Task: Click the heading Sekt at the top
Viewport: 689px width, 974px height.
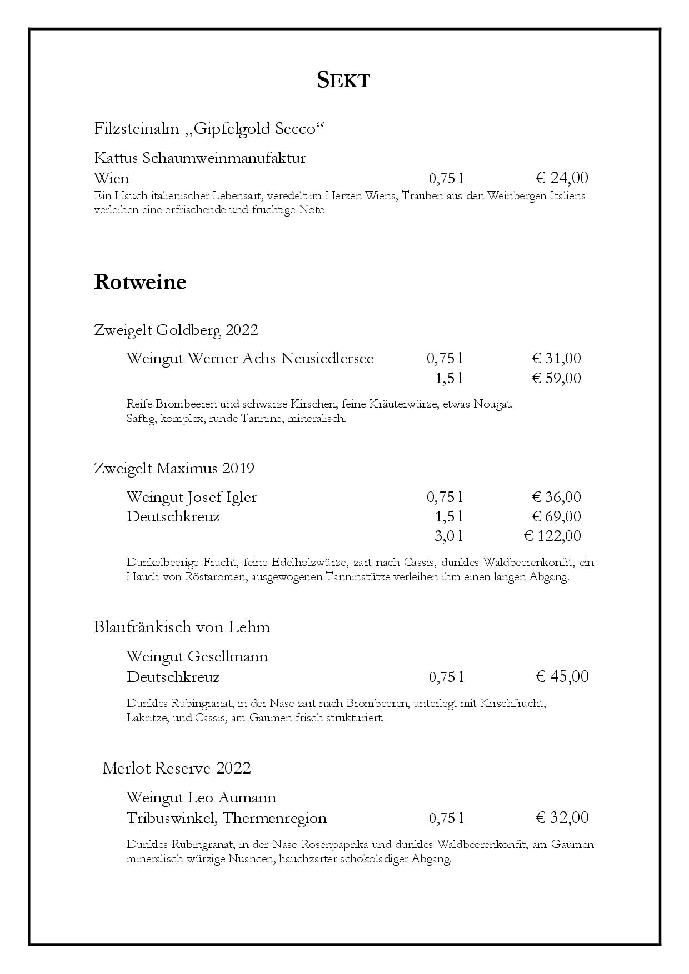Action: (343, 80)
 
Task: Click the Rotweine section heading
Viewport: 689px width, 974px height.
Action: (140, 282)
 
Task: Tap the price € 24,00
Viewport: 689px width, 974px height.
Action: (562, 178)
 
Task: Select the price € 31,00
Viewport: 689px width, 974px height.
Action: (556, 358)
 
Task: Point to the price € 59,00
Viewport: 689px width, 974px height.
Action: (556, 378)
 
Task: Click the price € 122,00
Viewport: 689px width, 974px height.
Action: (552, 536)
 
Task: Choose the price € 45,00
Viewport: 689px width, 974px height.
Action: (562, 676)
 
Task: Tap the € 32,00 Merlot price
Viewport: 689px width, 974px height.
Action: (562, 817)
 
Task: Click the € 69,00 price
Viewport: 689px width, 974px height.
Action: (556, 516)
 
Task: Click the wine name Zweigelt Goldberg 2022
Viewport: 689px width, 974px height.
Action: (176, 330)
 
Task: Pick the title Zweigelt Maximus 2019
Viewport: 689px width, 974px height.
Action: (174, 468)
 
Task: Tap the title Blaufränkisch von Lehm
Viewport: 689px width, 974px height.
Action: (182, 627)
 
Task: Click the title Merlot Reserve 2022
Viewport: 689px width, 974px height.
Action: (177, 769)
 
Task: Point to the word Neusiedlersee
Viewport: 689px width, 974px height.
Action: (327, 358)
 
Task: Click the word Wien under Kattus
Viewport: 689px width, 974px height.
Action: (111, 178)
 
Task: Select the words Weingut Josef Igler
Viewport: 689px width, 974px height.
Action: (191, 496)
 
